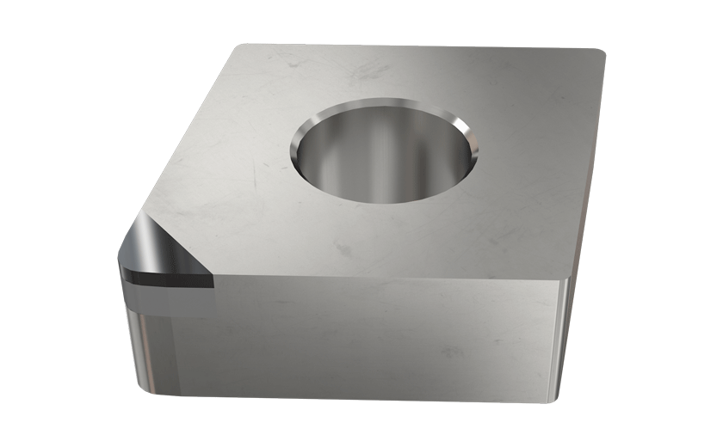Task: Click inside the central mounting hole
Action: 383,159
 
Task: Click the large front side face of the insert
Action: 361,340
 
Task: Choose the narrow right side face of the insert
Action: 585,215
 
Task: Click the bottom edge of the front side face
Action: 361,400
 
